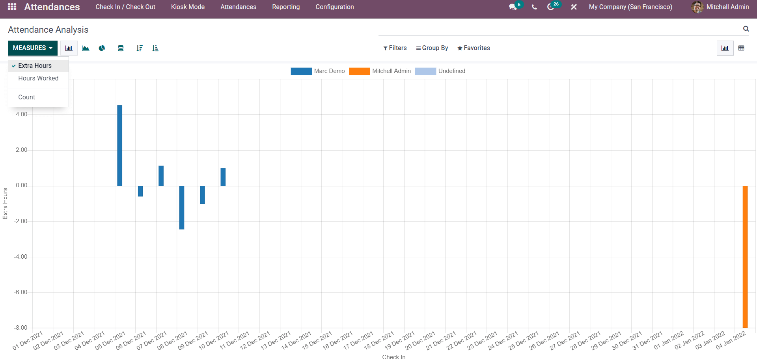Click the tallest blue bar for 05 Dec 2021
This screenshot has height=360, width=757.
[119, 145]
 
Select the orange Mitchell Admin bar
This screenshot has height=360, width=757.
[745, 257]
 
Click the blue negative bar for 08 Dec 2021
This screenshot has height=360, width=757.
[182, 207]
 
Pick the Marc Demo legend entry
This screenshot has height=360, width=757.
[318, 71]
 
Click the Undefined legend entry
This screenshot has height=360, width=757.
[440, 71]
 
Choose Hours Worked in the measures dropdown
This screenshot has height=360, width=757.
[38, 78]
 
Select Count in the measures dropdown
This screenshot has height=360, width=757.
[27, 97]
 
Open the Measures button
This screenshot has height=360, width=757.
[33, 48]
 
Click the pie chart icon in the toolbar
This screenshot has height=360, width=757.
[102, 48]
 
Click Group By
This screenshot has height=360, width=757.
[432, 48]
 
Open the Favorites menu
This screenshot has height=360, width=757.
[474, 48]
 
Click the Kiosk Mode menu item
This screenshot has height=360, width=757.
[188, 7]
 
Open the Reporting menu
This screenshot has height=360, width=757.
[286, 7]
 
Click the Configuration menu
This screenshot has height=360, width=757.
[335, 7]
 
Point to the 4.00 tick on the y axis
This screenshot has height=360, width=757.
[22, 114]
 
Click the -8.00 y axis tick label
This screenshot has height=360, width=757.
[21, 328]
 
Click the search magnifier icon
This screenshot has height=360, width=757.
[746, 29]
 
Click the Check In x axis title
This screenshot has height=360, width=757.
[394, 357]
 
